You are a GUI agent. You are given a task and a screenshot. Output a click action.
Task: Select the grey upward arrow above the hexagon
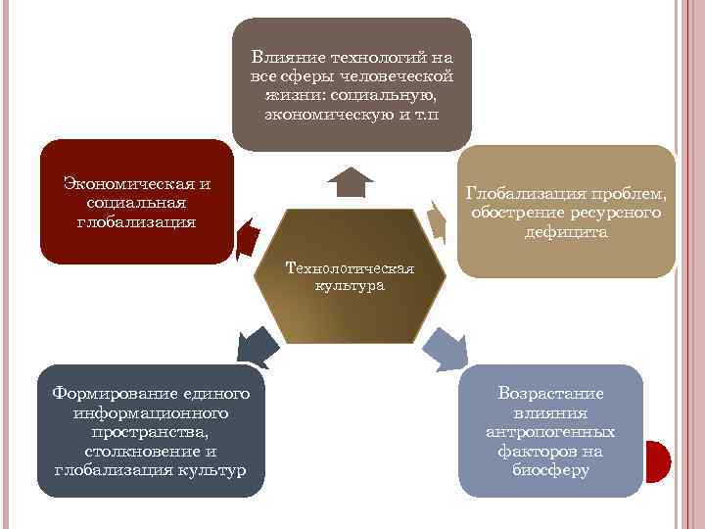tap(350, 182)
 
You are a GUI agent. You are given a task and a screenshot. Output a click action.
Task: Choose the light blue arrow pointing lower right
tap(446, 347)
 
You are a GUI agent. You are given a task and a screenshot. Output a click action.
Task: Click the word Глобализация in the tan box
tap(519, 194)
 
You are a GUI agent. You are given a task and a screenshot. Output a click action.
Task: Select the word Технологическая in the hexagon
tap(350, 267)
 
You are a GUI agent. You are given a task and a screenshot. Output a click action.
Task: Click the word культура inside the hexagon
tap(350, 286)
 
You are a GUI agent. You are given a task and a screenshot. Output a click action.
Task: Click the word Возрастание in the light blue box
tap(550, 393)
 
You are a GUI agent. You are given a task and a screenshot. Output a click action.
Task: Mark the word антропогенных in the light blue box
tap(550, 431)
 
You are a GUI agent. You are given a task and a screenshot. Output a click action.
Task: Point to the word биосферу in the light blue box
tap(550, 470)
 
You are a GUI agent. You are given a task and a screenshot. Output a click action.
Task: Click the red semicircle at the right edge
tap(658, 460)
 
